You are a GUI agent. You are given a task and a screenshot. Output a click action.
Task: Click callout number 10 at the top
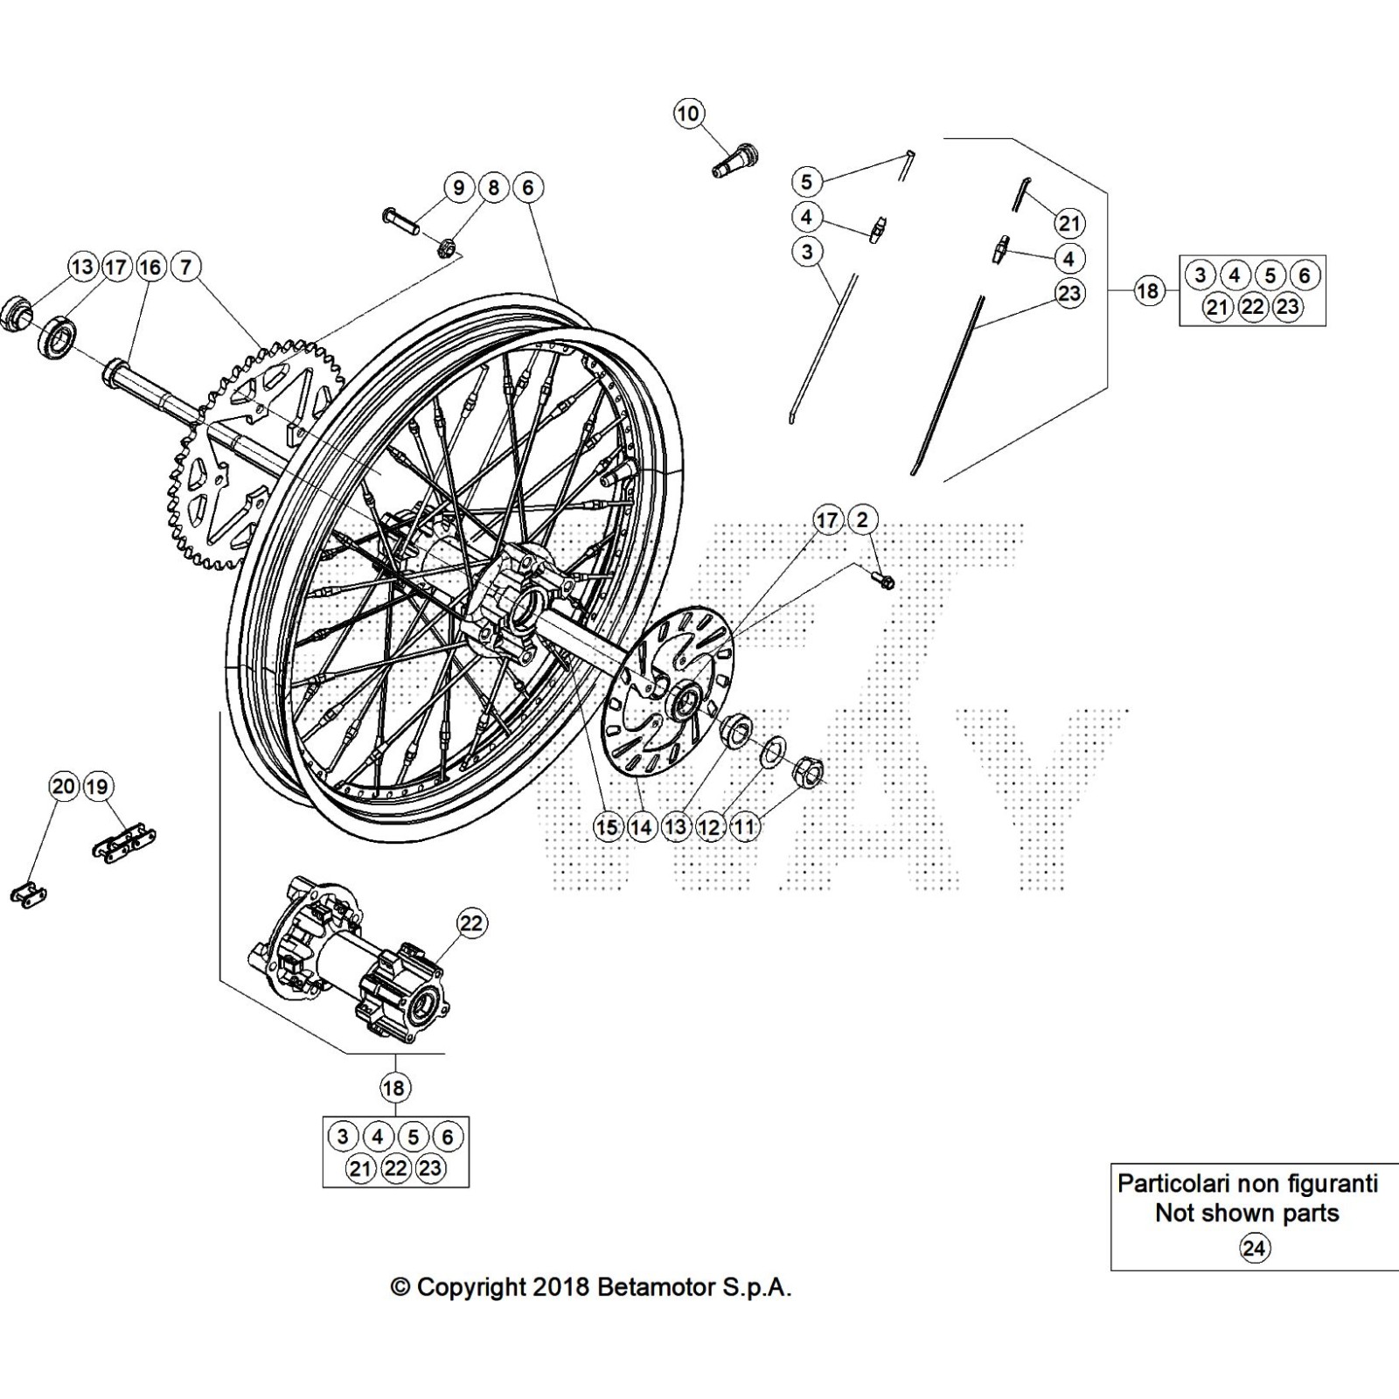pyautogui.click(x=688, y=114)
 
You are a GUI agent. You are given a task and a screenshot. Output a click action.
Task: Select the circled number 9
pyautogui.click(x=458, y=187)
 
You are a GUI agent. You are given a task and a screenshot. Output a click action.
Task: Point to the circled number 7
pyautogui.click(x=185, y=266)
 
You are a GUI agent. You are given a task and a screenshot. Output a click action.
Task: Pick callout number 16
pyautogui.click(x=150, y=266)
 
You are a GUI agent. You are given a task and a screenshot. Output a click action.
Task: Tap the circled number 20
pyautogui.click(x=63, y=786)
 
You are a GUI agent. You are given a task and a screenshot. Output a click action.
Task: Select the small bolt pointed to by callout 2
pyautogui.click(x=883, y=579)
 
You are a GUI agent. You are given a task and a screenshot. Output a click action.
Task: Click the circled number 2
pyautogui.click(x=862, y=519)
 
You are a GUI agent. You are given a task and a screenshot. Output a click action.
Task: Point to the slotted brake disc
pyautogui.click(x=668, y=684)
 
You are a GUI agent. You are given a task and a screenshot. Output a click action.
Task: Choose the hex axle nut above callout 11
pyautogui.click(x=806, y=769)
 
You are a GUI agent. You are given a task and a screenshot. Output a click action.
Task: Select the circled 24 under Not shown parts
pyautogui.click(x=1254, y=1249)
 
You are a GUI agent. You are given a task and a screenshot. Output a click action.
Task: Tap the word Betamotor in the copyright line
pyautogui.click(x=661, y=1287)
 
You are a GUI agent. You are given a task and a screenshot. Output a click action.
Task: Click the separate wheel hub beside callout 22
pyautogui.click(x=350, y=959)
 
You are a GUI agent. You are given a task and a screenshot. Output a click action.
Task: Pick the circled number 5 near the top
pyautogui.click(x=806, y=182)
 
